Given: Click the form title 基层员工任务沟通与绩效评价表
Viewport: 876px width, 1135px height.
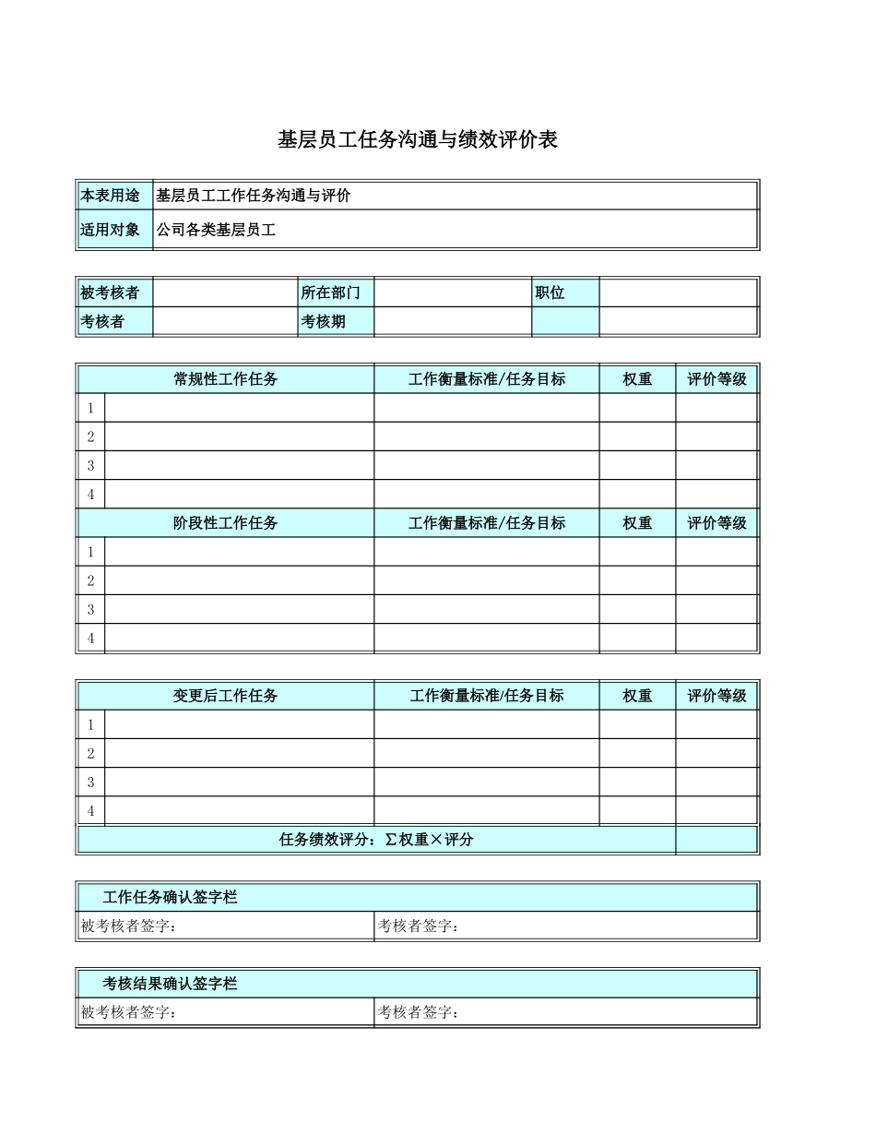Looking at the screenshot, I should [418, 140].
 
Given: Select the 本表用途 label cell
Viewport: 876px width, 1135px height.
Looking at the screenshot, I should [111, 196].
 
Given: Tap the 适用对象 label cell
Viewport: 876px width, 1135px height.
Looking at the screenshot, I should [111, 230].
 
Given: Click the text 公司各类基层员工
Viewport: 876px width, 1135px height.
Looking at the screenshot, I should [216, 230].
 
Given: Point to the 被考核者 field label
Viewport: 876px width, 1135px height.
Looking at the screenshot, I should [111, 293].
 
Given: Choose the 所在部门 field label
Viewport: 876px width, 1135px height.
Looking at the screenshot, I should [331, 293].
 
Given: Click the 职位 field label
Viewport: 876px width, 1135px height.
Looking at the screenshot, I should [550, 293].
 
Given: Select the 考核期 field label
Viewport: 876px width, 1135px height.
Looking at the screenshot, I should [324, 322].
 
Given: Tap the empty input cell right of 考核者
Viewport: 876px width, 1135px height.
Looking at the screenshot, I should [225, 322].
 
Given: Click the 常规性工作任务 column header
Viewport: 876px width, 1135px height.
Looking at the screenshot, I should [226, 379].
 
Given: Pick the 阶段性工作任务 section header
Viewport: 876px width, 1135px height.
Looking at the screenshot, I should [226, 523].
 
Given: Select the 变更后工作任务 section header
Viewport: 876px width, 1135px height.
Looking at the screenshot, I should [226, 696].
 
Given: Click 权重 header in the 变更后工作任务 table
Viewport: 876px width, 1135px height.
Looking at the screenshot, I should [637, 696].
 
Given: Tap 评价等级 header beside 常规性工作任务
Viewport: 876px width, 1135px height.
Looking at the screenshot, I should [716, 379].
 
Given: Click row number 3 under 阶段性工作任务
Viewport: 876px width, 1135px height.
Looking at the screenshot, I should [90, 609].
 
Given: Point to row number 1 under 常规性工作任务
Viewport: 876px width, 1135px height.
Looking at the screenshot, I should [90, 408].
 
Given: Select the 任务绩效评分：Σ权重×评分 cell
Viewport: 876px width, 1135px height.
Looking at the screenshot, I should [376, 840].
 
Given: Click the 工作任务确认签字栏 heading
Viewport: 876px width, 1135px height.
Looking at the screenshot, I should [171, 897].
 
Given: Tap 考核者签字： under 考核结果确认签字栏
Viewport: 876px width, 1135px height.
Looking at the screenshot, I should [419, 1013].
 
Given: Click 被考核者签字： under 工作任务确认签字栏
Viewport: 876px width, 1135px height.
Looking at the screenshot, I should [128, 926].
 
